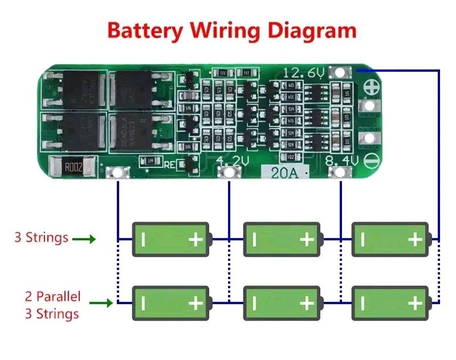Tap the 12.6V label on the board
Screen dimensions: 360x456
tap(304, 73)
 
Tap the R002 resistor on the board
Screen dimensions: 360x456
tap(73, 167)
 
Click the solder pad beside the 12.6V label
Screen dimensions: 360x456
tap(342, 72)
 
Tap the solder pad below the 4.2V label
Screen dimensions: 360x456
tap(229, 173)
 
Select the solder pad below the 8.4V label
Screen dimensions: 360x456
tap(340, 171)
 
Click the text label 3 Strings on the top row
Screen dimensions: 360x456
tap(41, 237)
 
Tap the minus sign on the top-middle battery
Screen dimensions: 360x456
tap(254, 239)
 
